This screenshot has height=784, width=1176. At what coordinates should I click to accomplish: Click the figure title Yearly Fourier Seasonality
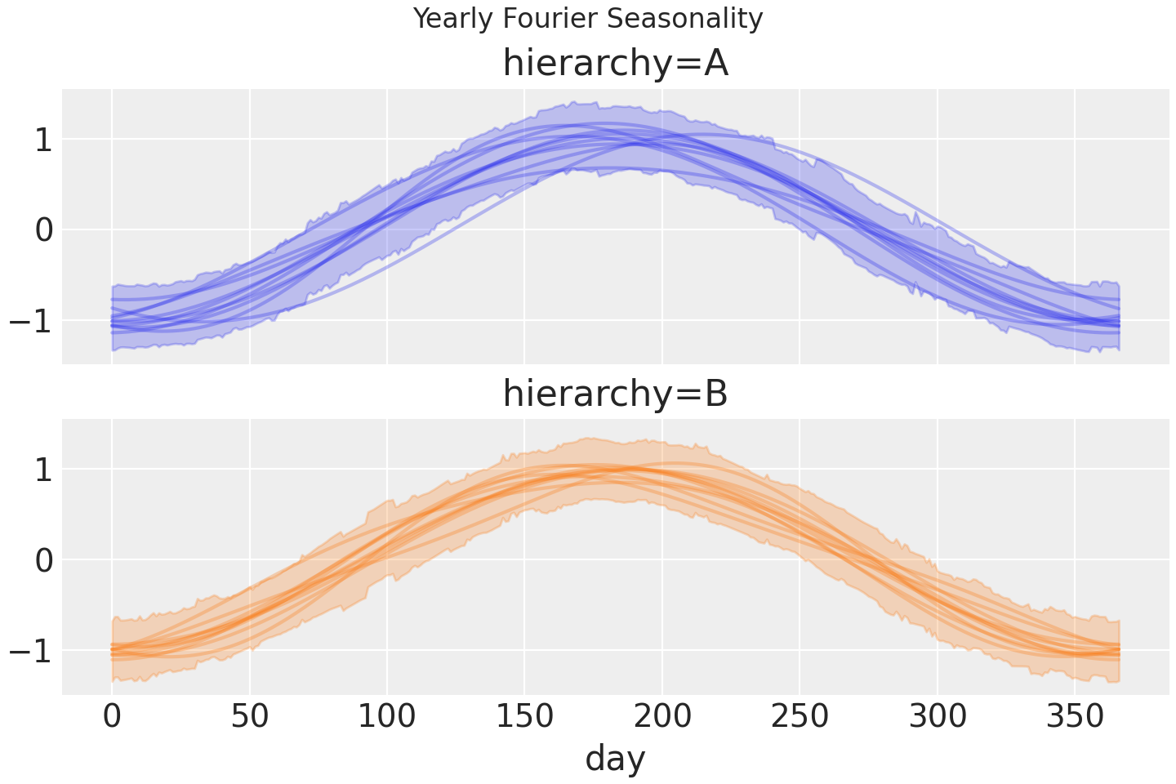[588, 18]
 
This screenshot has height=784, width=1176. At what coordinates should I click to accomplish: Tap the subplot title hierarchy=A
[615, 64]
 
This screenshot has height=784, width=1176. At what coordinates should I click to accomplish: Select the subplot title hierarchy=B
[615, 394]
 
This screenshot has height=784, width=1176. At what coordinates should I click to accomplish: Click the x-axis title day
[615, 758]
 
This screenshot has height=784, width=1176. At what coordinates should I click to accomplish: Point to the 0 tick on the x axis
[112, 717]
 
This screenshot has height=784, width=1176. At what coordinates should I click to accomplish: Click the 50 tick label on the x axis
[249, 717]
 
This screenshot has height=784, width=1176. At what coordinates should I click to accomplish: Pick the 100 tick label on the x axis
[387, 717]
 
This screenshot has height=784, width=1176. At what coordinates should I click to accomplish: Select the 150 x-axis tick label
[524, 717]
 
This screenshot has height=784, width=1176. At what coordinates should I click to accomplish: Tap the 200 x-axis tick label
[662, 717]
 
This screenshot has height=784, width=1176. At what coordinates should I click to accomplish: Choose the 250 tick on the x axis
[800, 717]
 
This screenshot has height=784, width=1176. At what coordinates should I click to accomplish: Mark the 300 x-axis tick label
[937, 717]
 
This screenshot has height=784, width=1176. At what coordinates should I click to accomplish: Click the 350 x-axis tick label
[1075, 717]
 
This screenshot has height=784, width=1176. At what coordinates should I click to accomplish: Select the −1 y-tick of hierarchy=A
[31, 321]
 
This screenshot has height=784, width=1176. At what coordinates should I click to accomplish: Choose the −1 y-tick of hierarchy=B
[31, 651]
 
